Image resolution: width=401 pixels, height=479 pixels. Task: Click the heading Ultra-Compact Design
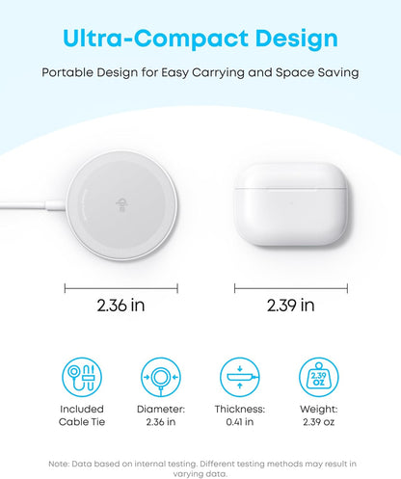click(200, 40)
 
